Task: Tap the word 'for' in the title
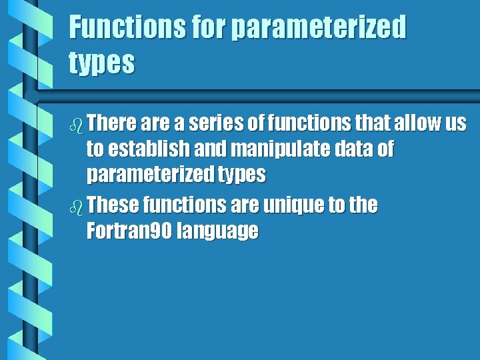tap(208, 29)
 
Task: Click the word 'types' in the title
tap(102, 63)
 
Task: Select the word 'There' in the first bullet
tap(112, 124)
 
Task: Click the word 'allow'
tap(413, 124)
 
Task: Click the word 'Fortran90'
tap(127, 231)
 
